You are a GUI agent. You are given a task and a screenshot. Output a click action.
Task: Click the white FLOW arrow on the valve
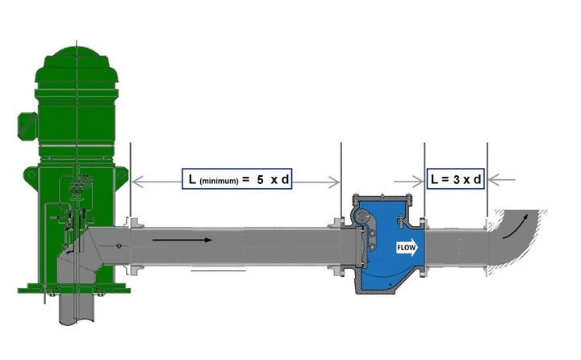point(408,248)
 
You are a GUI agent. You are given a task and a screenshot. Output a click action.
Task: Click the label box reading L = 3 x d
point(456,179)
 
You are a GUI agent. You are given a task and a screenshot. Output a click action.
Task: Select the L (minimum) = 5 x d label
point(236,179)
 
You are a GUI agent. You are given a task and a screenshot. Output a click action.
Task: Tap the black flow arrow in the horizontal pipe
point(182,241)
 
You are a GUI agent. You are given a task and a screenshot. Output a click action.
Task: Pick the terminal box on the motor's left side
point(27,126)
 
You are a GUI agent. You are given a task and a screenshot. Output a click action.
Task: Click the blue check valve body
point(388,245)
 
